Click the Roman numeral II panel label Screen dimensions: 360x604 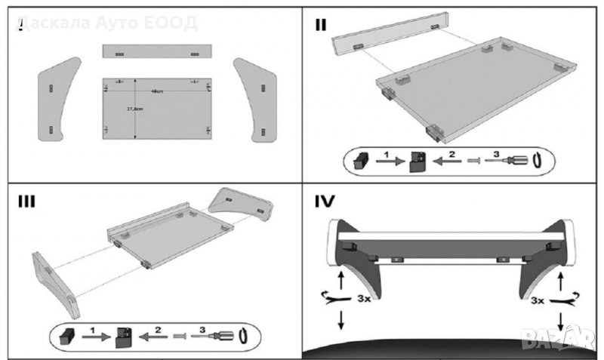[x=322, y=24]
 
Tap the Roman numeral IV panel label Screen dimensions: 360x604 [x=325, y=202]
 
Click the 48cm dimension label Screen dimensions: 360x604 [x=157, y=91]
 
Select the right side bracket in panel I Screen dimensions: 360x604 [x=257, y=98]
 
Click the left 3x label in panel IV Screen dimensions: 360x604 [x=363, y=299]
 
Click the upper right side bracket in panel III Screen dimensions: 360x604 [x=239, y=202]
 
